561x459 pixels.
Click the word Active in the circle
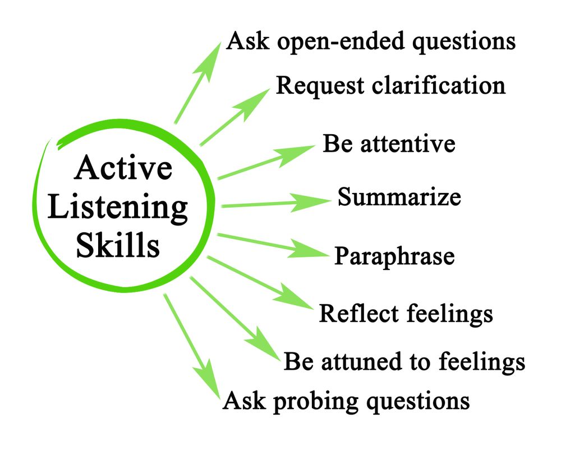pyautogui.click(x=122, y=168)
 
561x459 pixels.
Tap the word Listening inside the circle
pyautogui.click(x=118, y=208)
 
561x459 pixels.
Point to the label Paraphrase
pyautogui.click(x=394, y=256)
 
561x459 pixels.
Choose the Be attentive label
pyautogui.click(x=389, y=144)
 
